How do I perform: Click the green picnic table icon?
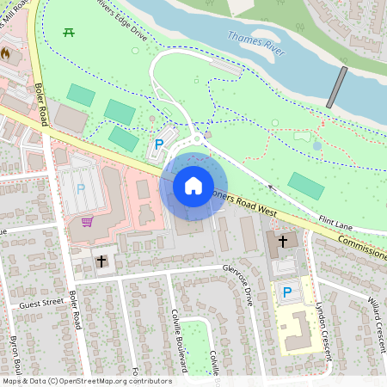pyautogui.click(x=69, y=33)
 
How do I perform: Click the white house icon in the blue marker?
pyautogui.click(x=193, y=185)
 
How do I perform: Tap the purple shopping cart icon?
pyautogui.click(x=87, y=222)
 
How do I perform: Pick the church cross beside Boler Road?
pyautogui.click(x=101, y=260)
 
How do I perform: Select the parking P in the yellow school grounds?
pyautogui.click(x=286, y=293)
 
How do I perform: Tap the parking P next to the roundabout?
pyautogui.click(x=158, y=145)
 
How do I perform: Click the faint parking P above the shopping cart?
pyautogui.click(x=81, y=187)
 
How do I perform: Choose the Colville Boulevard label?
pyautogui.click(x=178, y=340)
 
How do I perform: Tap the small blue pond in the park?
pyautogui.click(x=317, y=145)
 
